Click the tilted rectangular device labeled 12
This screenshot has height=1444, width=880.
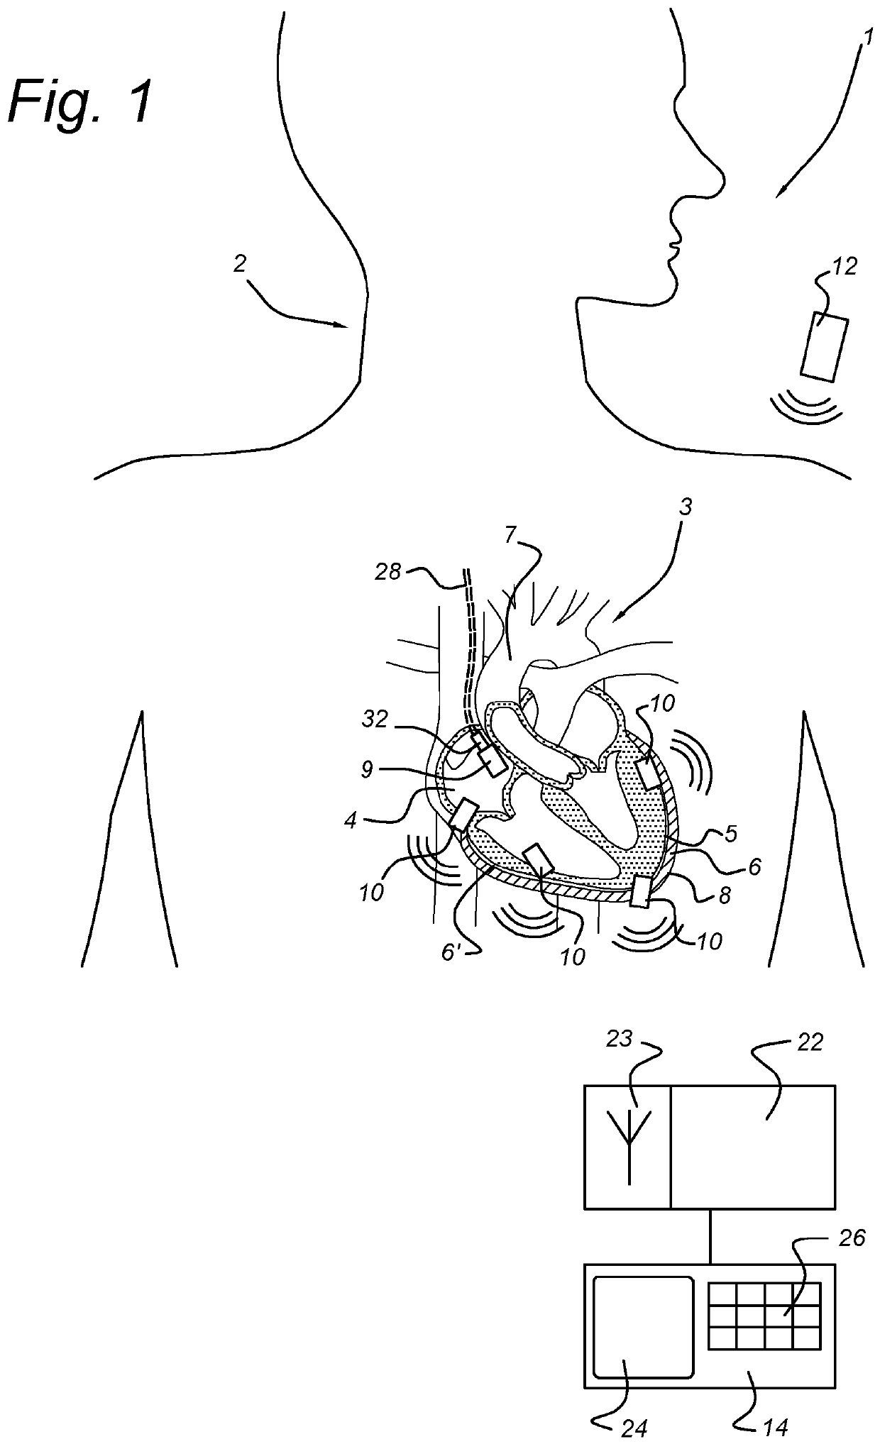(824, 348)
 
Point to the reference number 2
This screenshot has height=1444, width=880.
(241, 264)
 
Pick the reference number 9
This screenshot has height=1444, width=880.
(367, 770)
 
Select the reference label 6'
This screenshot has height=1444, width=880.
(451, 952)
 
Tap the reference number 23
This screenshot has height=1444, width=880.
(620, 1040)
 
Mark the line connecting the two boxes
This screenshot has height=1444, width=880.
(710, 1236)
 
